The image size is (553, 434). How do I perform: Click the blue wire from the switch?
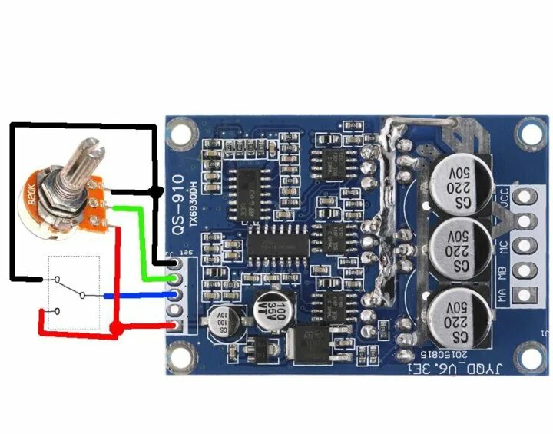tap(138, 294)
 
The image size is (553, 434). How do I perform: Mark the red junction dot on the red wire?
tap(114, 329)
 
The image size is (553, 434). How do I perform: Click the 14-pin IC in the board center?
tap(277, 245)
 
